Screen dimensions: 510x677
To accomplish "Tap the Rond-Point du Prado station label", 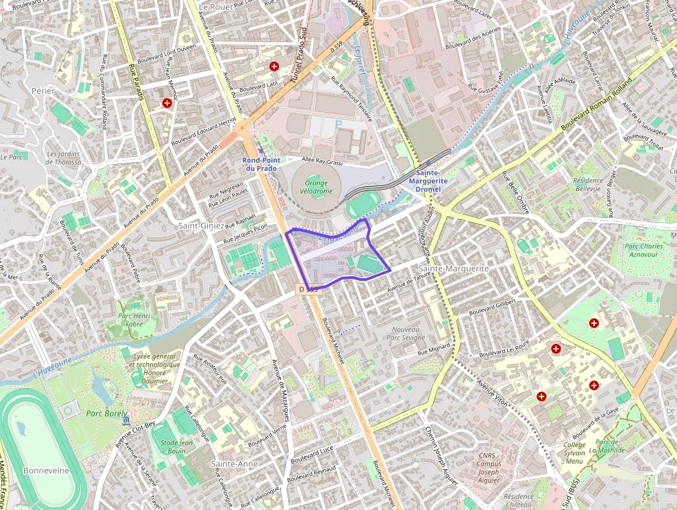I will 260,164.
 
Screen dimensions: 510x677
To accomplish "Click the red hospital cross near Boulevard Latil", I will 275,66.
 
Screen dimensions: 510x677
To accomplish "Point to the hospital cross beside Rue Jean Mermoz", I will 166,103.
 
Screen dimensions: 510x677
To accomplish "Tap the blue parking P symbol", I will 338,124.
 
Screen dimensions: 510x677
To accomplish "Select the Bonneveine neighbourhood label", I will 46,470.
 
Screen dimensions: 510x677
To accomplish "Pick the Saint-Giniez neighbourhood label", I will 201,226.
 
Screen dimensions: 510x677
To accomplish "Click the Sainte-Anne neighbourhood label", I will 234,464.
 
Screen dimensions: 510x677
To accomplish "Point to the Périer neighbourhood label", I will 42,91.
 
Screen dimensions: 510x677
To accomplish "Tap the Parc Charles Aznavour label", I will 642,251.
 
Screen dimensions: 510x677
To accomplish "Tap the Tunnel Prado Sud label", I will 298,56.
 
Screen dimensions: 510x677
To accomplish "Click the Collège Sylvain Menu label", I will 575,453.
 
